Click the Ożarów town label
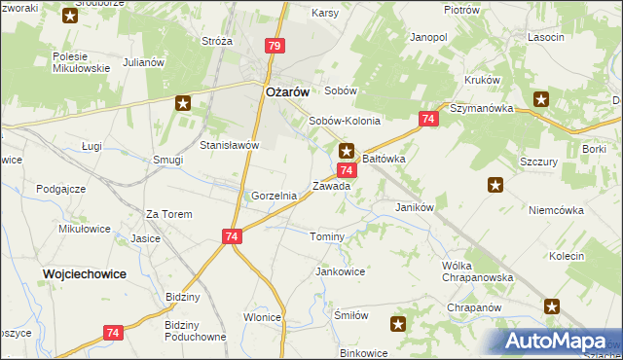(287, 91)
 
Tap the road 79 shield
(275, 46)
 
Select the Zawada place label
(331, 186)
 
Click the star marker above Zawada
(347, 151)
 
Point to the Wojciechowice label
(84, 274)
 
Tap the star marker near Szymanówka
(541, 98)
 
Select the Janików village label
(414, 207)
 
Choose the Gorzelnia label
(274, 196)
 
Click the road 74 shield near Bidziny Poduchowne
(114, 333)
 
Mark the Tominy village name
(327, 237)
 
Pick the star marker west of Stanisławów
(183, 102)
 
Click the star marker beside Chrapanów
(553, 306)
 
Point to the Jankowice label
(340, 271)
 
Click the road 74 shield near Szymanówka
(427, 119)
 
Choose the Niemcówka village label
(555, 209)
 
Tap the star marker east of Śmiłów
(398, 323)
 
